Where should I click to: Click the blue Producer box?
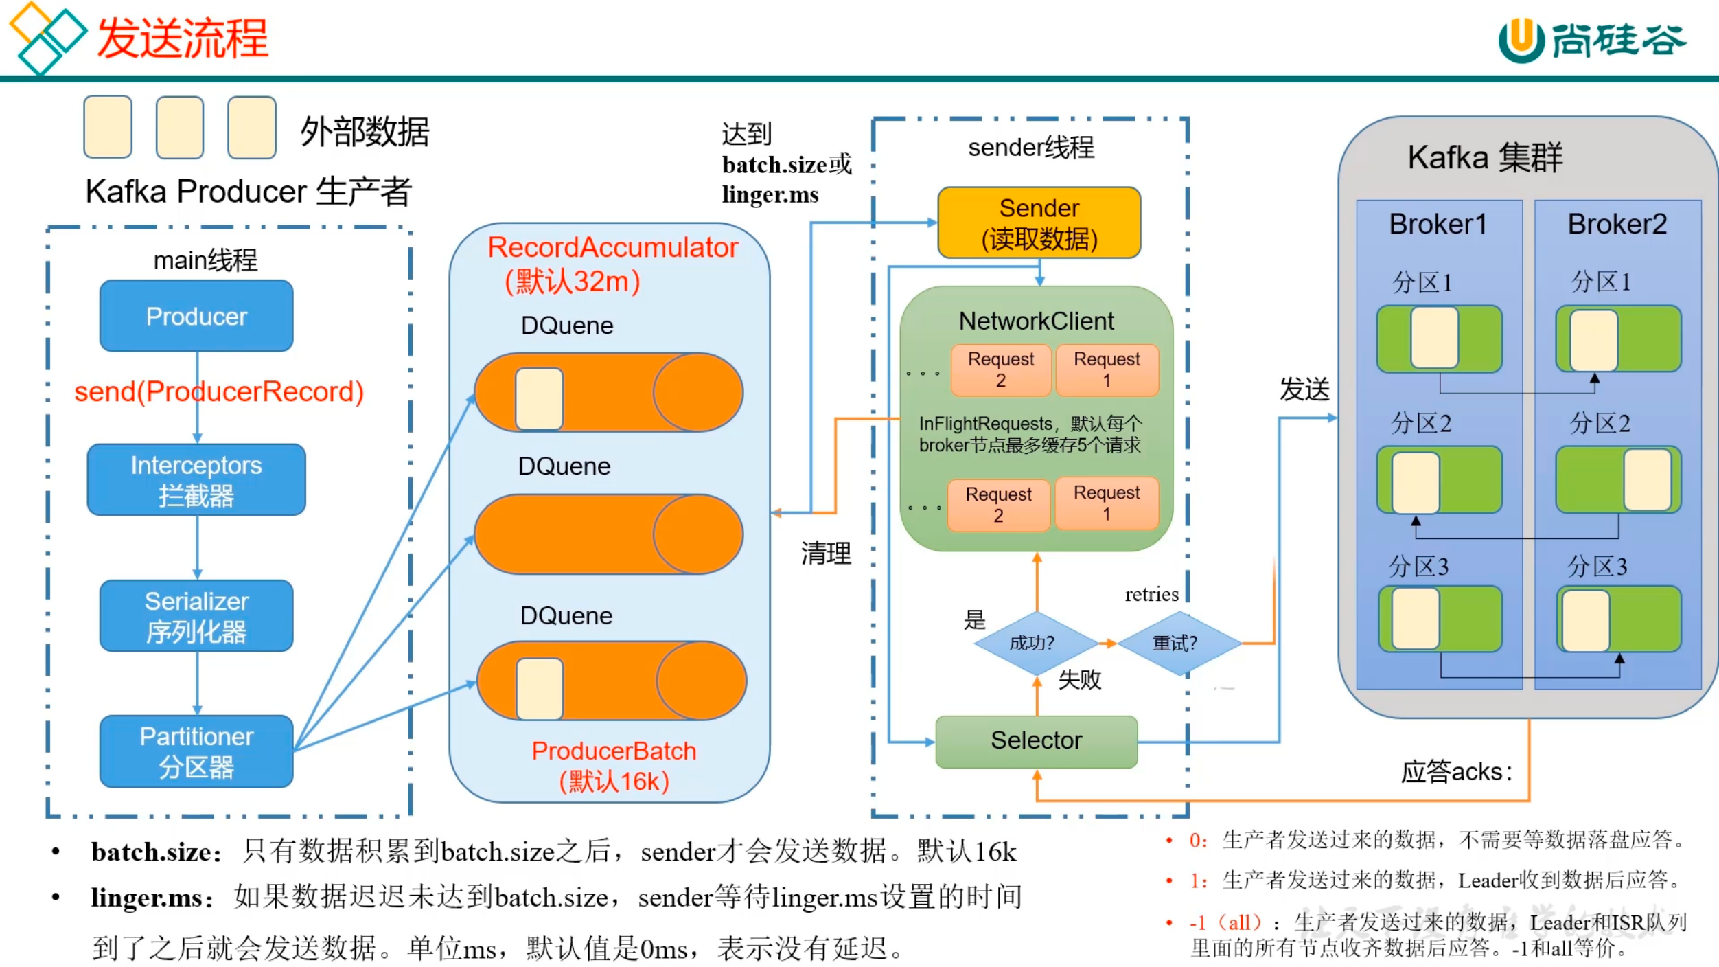coord(196,316)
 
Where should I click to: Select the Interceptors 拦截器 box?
coord(196,479)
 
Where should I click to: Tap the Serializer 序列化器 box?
coord(196,616)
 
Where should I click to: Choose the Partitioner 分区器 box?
coord(196,751)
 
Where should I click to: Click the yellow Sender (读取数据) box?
coord(1039,223)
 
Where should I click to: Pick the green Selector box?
coord(1036,741)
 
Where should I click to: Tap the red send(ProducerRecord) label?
coord(219,392)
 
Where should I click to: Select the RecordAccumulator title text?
coord(612,248)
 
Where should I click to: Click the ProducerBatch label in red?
coord(614,751)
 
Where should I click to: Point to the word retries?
coord(1151,595)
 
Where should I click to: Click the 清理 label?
coord(826,554)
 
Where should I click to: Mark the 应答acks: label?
coord(1456,772)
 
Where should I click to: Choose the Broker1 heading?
coord(1438,225)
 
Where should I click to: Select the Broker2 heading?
coord(1617,225)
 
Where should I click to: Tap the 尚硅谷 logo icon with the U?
coord(1521,40)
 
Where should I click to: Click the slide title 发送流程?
coord(183,38)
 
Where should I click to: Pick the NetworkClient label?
coord(1036,321)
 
